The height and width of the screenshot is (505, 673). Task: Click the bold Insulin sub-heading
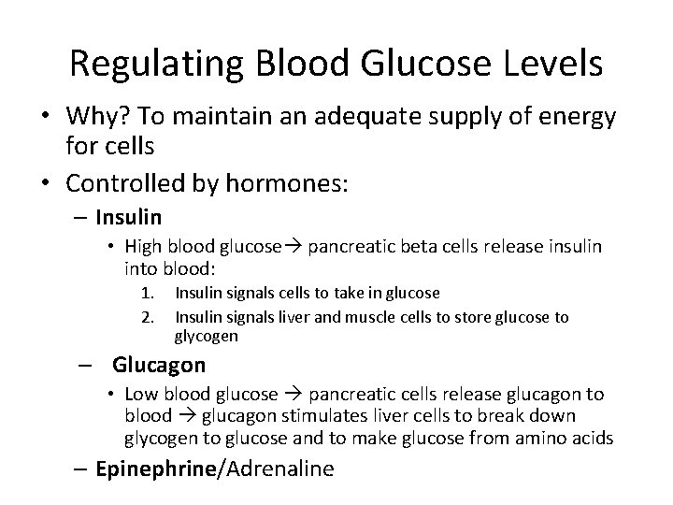(128, 218)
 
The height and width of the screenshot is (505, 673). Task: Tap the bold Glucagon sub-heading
(159, 365)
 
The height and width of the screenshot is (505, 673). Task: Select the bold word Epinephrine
(153, 469)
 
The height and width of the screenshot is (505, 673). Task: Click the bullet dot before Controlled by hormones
(46, 184)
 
